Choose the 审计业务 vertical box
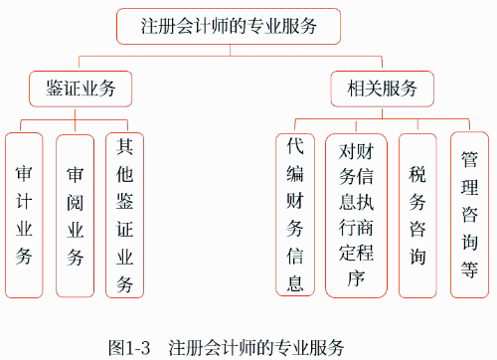click(24, 214)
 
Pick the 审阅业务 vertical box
click(75, 214)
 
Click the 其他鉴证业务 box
click(124, 215)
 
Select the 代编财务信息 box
click(294, 215)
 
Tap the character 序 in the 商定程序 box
click(357, 277)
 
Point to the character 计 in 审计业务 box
click(24, 201)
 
